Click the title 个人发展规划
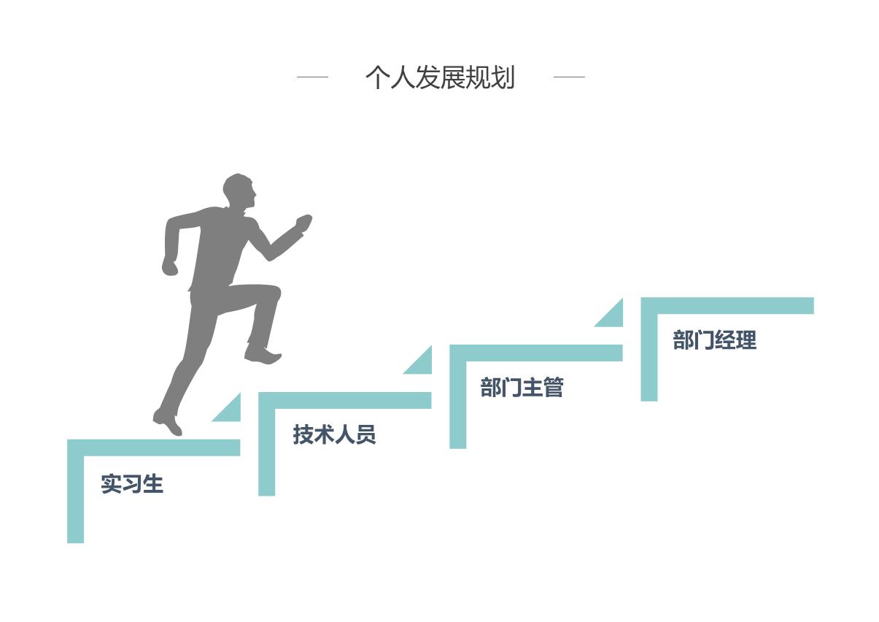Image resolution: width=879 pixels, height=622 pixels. click(x=440, y=77)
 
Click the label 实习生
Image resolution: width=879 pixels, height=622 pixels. click(x=132, y=483)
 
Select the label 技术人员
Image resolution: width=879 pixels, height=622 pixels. click(x=334, y=434)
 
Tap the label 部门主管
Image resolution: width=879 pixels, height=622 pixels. click(x=522, y=387)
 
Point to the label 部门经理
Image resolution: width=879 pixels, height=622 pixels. click(x=714, y=339)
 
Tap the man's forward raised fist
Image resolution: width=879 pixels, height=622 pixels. click(x=303, y=221)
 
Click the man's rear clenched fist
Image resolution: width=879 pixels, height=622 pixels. click(x=170, y=266)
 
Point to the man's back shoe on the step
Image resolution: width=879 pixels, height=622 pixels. click(x=168, y=422)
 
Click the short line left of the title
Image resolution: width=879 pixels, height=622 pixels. click(x=312, y=77)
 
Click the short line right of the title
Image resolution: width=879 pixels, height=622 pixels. click(x=569, y=77)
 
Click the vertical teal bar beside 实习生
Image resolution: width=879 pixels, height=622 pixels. click(x=75, y=496)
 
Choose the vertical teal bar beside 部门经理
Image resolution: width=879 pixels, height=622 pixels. click(x=648, y=354)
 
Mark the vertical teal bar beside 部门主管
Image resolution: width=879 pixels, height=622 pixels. click(x=457, y=402)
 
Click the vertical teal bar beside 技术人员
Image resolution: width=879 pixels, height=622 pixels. click(x=266, y=449)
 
